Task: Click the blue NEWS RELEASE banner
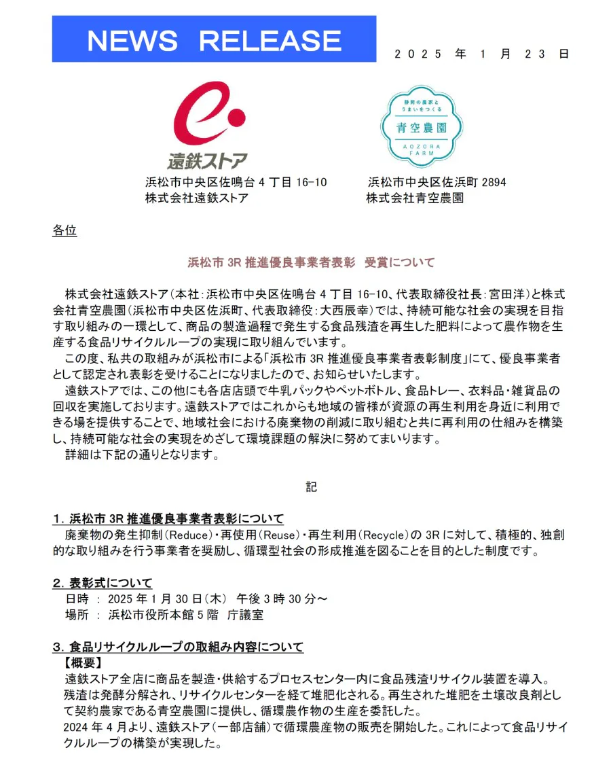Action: pyautogui.click(x=214, y=39)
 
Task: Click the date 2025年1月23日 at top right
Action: pyautogui.click(x=481, y=54)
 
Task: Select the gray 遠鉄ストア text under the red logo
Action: pyautogui.click(x=208, y=161)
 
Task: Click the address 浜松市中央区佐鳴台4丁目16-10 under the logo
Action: pyautogui.click(x=236, y=182)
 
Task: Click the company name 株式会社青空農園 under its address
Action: pyautogui.click(x=415, y=198)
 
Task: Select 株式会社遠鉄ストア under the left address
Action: pyautogui.click(x=196, y=198)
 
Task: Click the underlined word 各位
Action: pyautogui.click(x=64, y=231)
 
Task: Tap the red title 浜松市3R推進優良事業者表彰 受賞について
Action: pyautogui.click(x=311, y=262)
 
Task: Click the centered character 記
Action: pyautogui.click(x=311, y=486)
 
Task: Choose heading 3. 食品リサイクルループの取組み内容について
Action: pyautogui.click(x=178, y=647)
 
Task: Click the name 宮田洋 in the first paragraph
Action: pyautogui.click(x=500, y=294)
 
